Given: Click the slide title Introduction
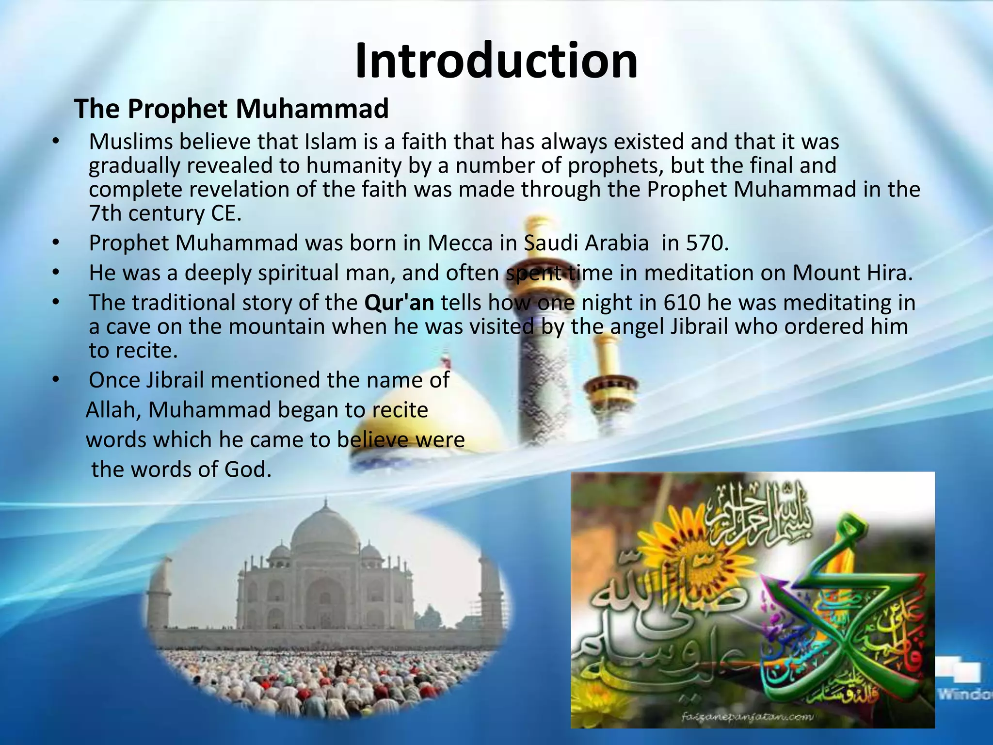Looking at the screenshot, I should tap(496, 61).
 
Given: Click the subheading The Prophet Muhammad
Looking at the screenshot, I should tap(231, 109).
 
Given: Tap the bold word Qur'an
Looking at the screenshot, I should tap(399, 303).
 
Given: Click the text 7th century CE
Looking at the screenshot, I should tap(165, 213).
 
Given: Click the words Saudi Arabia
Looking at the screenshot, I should tap(586, 243).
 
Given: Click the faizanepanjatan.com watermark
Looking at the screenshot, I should tap(747, 716).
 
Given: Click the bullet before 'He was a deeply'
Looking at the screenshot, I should tap(56, 273).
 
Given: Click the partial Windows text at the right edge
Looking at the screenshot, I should tap(965, 695).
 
